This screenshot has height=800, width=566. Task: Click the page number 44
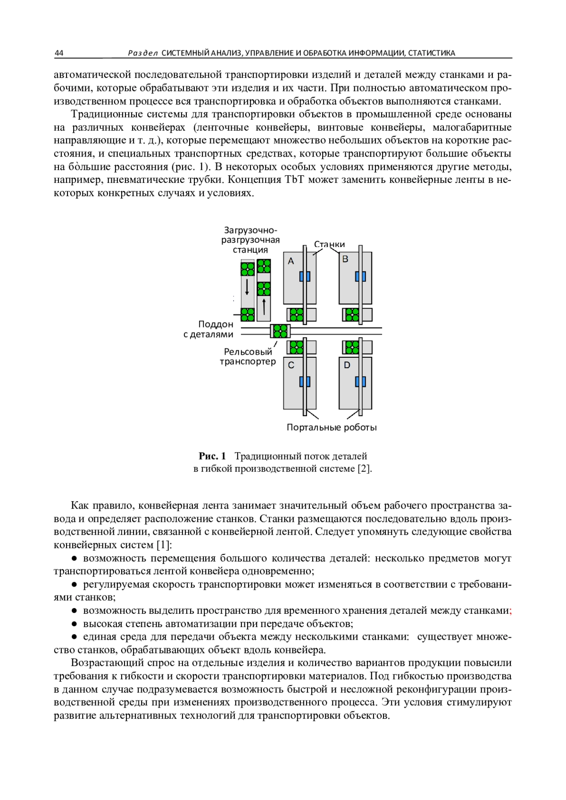pos(59,53)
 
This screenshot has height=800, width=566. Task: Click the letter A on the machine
pos(291,261)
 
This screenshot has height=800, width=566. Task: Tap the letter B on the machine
pos(345,259)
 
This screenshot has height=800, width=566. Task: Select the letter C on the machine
pos(291,365)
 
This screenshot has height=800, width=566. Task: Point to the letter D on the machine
pos(347,365)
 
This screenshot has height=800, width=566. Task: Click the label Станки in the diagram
pos(329,244)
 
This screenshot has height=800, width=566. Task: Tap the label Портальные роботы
pos(332,428)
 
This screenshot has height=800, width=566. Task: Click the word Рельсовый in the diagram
pos(248,352)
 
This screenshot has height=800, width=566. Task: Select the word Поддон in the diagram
pos(216,324)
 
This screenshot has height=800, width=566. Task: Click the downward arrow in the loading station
pos(247,287)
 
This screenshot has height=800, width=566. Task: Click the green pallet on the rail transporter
pos(281,331)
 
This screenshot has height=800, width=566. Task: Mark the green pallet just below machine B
pos(352,314)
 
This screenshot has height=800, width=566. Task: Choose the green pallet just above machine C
pos(296,347)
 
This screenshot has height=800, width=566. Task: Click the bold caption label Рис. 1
pos(212,456)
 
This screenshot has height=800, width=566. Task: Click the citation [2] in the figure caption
pos(364,469)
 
